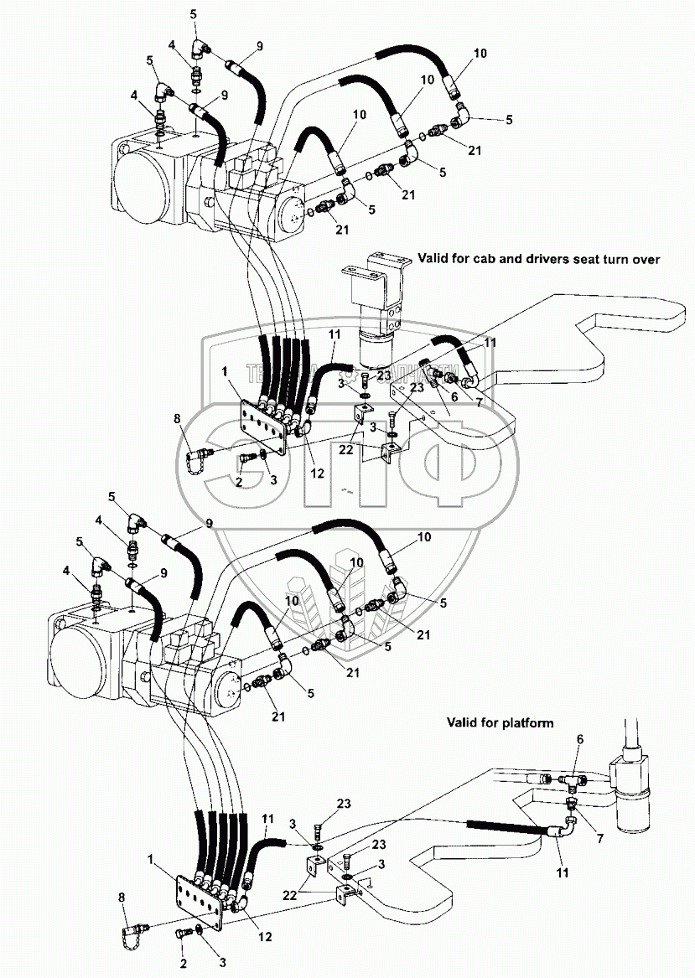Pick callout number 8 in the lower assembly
tap(123, 898)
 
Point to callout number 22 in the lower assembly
tap(290, 893)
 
